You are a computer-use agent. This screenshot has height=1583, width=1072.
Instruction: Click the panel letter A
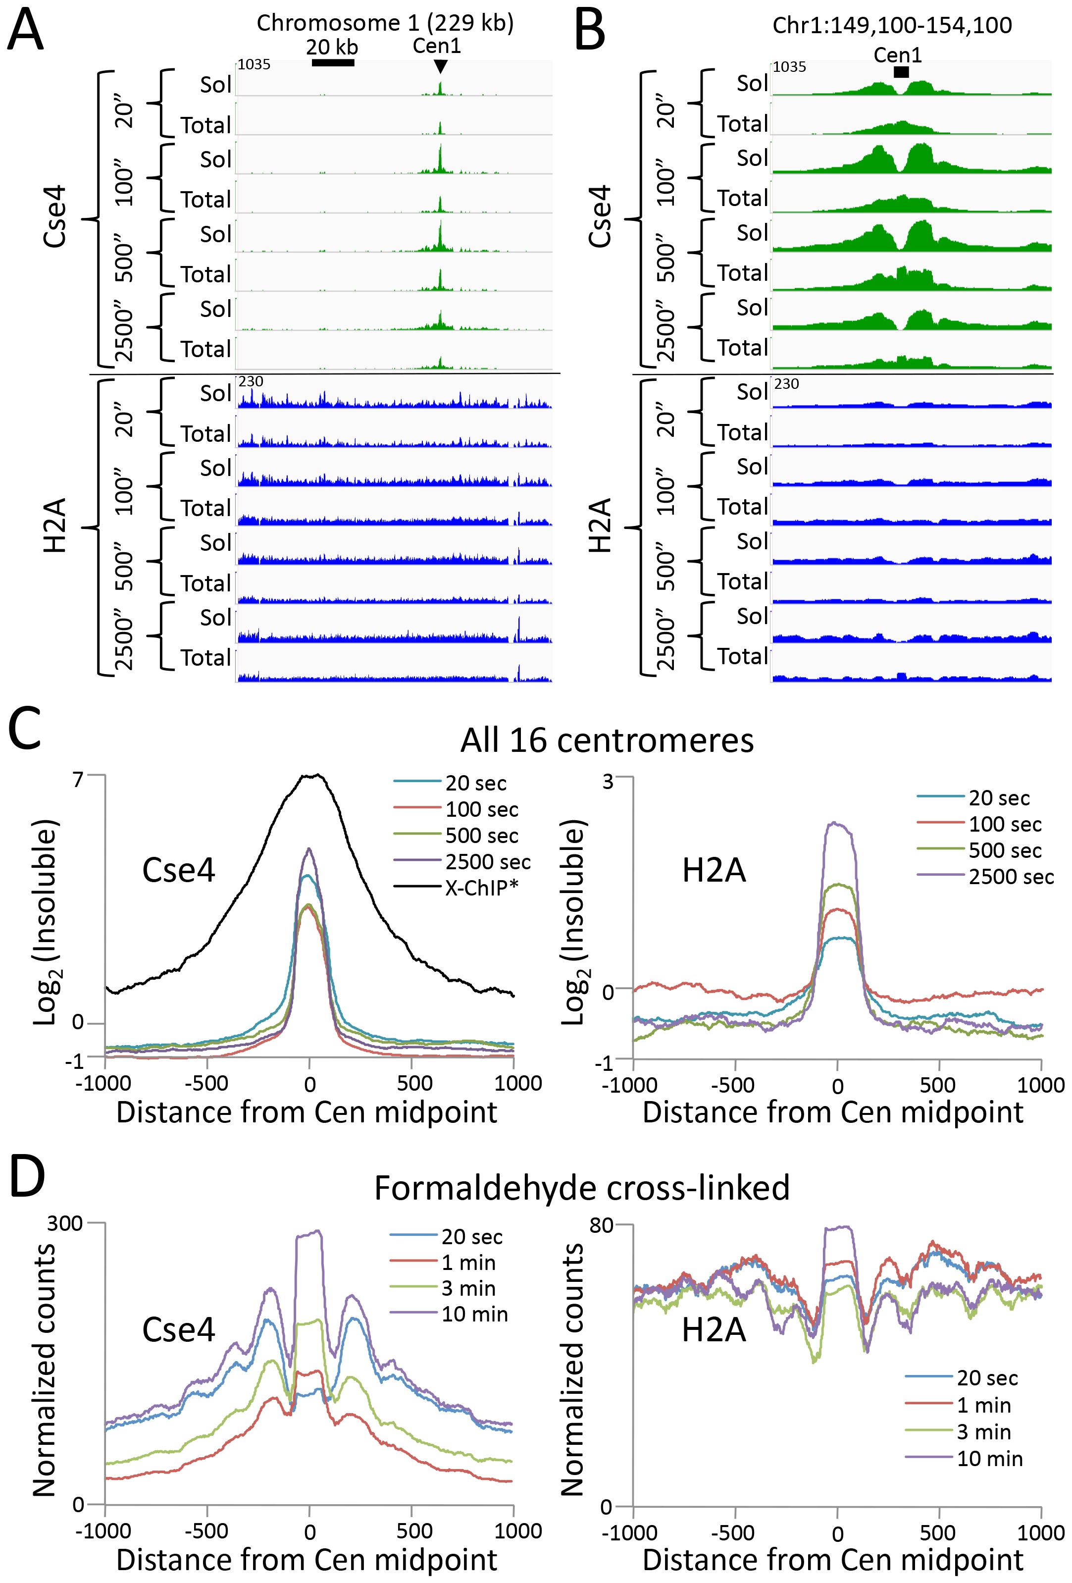[25, 31]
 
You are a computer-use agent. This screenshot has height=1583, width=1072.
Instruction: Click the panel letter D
[26, 1176]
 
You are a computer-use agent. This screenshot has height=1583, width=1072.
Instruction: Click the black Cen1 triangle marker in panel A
[440, 66]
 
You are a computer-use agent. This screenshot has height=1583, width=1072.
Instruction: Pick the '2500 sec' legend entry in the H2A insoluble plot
[1011, 877]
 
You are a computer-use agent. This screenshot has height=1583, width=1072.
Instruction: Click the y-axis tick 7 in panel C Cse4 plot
[78, 778]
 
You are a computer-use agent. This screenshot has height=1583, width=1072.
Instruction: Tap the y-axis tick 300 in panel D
[65, 1223]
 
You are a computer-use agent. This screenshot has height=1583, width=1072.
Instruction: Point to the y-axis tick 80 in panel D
[602, 1225]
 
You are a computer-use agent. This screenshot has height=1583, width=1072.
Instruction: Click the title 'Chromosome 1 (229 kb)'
[385, 23]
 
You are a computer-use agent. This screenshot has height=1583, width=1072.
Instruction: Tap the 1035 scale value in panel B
[790, 67]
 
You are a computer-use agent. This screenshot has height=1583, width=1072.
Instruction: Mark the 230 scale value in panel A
[251, 381]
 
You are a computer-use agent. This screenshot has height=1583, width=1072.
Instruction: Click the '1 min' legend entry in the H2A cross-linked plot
[983, 1405]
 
